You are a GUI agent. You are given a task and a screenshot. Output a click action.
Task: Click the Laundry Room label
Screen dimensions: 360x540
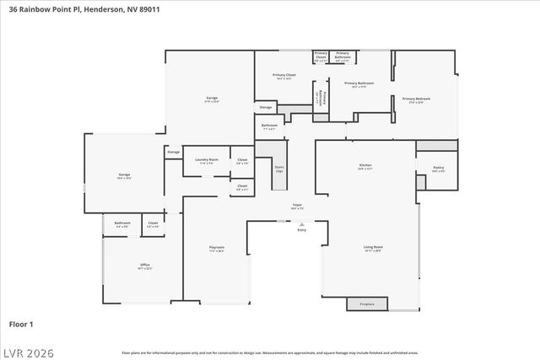coord(207,159)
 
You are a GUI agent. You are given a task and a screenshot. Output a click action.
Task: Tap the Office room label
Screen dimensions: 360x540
coord(144,266)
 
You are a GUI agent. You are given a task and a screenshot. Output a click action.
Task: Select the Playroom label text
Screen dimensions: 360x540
coord(217,247)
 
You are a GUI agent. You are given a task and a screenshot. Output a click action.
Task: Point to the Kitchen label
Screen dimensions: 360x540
coord(365,165)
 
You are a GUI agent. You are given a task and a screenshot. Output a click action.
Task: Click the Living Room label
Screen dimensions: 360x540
coord(372,247)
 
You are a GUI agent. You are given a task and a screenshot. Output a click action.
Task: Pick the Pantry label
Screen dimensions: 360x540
coord(438,168)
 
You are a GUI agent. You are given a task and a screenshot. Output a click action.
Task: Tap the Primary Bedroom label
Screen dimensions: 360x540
coord(416,99)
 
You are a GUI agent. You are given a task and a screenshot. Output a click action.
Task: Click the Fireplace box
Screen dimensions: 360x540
coord(366,304)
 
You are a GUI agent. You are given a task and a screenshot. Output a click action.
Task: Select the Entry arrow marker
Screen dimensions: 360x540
coord(301,223)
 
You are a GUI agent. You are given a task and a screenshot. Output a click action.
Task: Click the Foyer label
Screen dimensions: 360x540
coord(297,205)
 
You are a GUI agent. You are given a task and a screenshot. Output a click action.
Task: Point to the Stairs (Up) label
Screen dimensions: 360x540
coord(279,168)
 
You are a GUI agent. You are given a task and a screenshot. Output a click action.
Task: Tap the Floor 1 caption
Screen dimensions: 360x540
coord(21,324)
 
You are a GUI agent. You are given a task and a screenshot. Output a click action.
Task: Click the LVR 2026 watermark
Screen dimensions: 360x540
coord(29,349)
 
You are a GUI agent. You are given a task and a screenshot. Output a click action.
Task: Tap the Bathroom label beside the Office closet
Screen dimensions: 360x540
coord(121,223)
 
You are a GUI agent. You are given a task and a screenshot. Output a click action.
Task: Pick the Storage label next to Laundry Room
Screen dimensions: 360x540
coord(174,152)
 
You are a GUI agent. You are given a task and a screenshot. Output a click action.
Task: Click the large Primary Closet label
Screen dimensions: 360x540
coord(284,75)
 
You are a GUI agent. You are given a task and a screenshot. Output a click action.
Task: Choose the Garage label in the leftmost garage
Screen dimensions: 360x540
coord(124,175)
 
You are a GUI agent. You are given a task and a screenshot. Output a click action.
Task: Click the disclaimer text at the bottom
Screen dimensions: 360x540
coord(270,352)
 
